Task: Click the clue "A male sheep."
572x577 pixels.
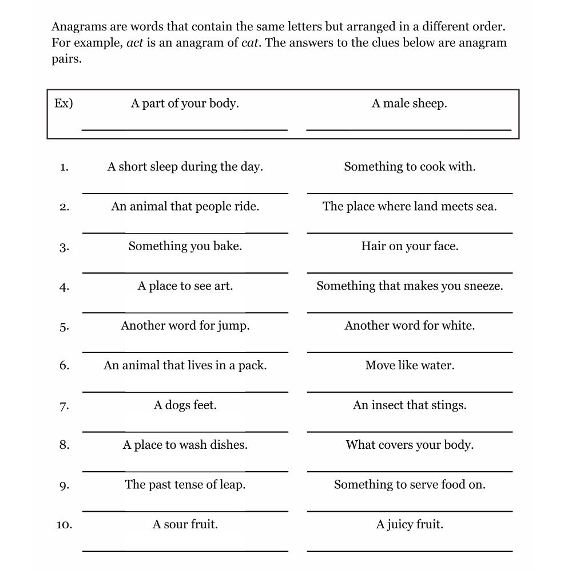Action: pos(410,104)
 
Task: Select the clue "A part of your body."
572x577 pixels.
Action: pos(185,104)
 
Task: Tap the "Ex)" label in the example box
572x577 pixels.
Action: pos(63,104)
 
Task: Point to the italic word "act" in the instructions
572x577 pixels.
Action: pos(135,43)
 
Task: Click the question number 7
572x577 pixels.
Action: pos(64,406)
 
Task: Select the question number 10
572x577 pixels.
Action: pos(64,525)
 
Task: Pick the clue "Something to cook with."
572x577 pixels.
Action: pos(410,167)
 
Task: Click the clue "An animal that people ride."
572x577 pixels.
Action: pos(185,207)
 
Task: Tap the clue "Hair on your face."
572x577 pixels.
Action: pos(410,246)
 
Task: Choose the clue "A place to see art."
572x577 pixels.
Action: pos(185,286)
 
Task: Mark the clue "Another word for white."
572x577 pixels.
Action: pos(410,326)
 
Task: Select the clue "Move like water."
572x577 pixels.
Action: pos(410,365)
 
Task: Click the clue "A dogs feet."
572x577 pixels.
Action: pos(185,405)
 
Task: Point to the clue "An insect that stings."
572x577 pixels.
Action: pos(410,405)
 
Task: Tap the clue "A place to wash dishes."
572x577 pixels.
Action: pos(185,445)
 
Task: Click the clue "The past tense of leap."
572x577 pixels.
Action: pos(185,485)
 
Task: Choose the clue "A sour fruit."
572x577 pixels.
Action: pos(185,524)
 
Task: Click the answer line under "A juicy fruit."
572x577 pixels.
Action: pos(410,551)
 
